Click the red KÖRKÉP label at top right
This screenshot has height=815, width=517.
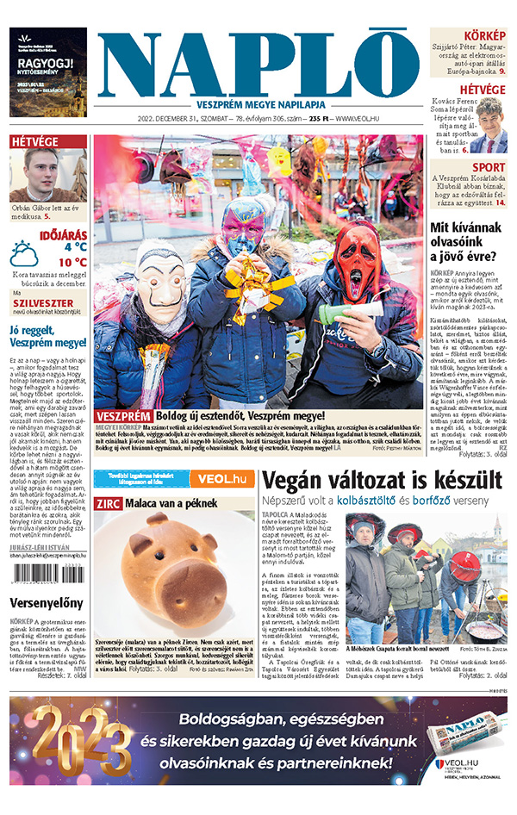pos(487,35)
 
